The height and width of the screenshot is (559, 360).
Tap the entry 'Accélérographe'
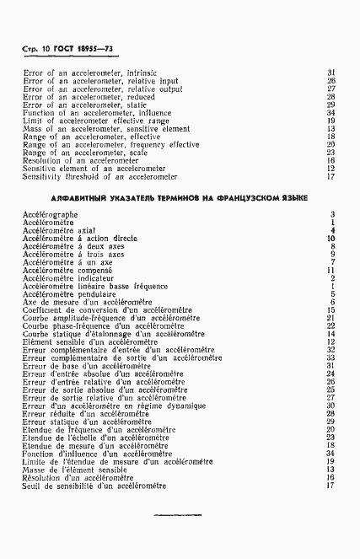51,215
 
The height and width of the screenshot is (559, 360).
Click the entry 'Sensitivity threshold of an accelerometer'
99,176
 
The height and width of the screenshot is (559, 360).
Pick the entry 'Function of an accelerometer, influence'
98,112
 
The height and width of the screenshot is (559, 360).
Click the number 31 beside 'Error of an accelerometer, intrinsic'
331,73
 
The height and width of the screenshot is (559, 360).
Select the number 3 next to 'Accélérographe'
334,215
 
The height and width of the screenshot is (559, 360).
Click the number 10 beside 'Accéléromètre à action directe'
331,239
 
